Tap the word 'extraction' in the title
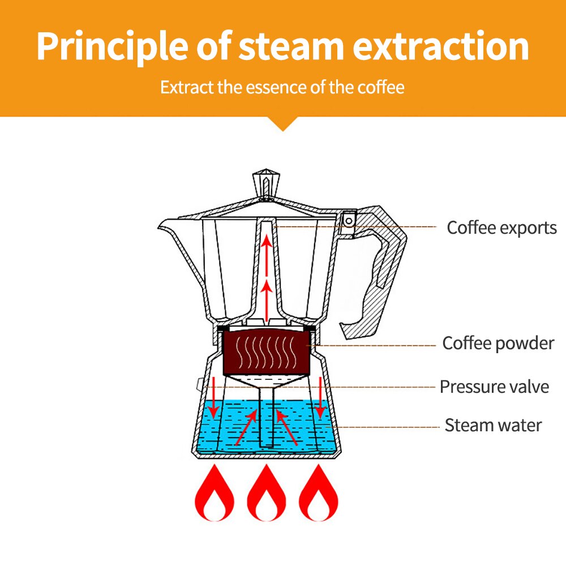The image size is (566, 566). [x=440, y=46]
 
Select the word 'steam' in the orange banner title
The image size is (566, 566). [x=291, y=46]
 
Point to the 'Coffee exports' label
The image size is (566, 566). [x=501, y=228]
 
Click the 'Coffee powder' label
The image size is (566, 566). [x=498, y=343]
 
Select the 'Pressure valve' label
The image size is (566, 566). [x=494, y=387]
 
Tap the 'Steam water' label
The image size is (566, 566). [x=493, y=425]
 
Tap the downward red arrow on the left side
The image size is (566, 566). [x=215, y=396]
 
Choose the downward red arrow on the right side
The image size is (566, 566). [x=321, y=396]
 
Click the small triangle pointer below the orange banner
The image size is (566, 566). [x=283, y=125]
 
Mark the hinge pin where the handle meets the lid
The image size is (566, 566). [x=349, y=217]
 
